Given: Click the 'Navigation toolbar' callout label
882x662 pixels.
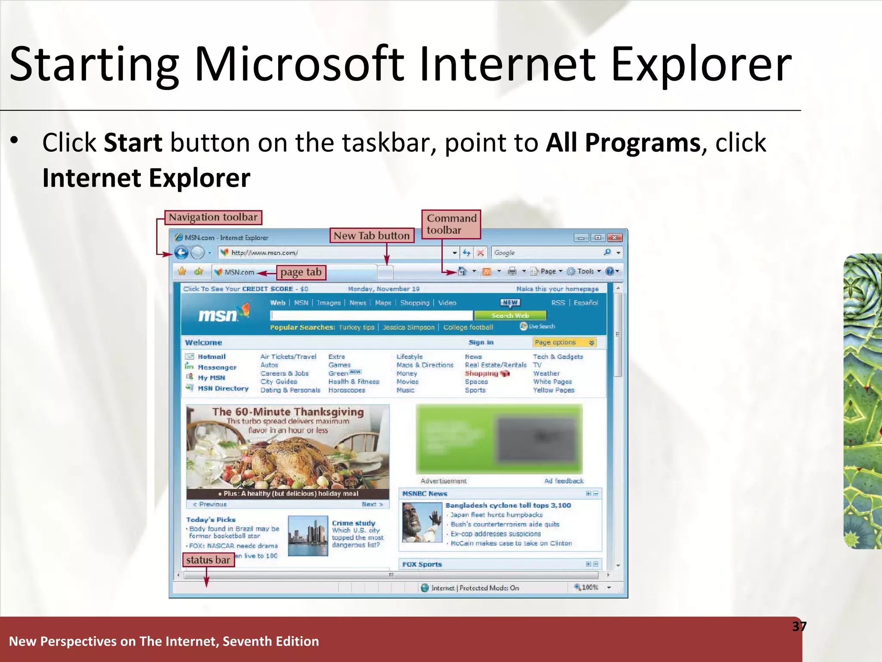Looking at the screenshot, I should pyautogui.click(x=213, y=217).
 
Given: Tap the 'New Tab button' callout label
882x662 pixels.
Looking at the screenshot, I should pyautogui.click(x=372, y=236).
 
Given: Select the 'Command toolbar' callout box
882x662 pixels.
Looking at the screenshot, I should pyautogui.click(x=451, y=224).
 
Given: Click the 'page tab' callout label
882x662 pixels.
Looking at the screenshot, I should pyautogui.click(x=301, y=272).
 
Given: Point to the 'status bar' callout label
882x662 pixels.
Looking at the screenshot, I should pyautogui.click(x=208, y=560).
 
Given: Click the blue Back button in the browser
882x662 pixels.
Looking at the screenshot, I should pyautogui.click(x=182, y=253).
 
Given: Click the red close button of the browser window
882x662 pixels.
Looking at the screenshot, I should pyautogui.click(x=615, y=237).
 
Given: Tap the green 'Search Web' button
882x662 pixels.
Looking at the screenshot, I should pyautogui.click(x=510, y=315).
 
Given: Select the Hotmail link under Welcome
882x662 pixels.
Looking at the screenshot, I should pyautogui.click(x=211, y=357).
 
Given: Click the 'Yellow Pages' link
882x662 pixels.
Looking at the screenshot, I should pyautogui.click(x=553, y=390).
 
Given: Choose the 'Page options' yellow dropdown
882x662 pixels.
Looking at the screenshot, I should pyautogui.click(x=564, y=342).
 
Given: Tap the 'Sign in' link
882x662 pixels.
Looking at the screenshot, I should pyautogui.click(x=481, y=342).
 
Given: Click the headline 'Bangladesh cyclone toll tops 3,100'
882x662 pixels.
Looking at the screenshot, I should pyautogui.click(x=508, y=505).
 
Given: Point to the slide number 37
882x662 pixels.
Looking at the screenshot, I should pyautogui.click(x=799, y=626).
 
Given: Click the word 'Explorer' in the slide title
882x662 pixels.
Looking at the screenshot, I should pyautogui.click(x=701, y=65).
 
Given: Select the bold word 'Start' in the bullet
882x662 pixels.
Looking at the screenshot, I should pyautogui.click(x=133, y=143).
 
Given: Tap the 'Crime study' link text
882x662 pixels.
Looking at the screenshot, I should pyautogui.click(x=354, y=523).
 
